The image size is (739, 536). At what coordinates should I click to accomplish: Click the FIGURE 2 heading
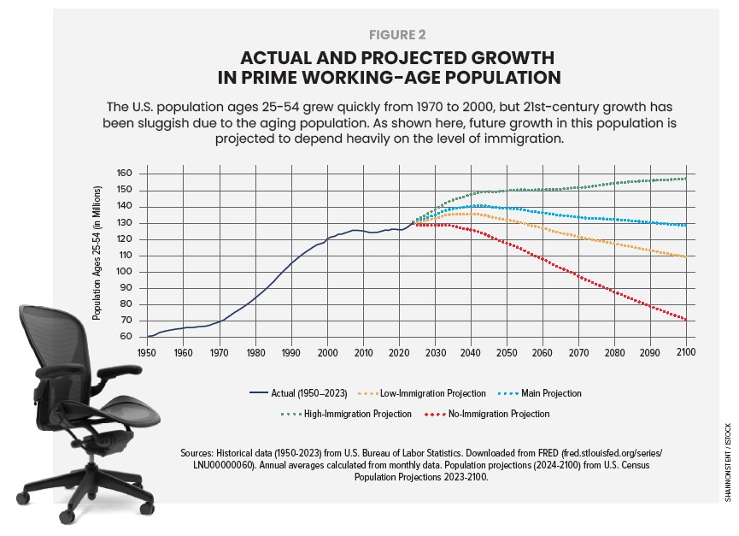coord(397,35)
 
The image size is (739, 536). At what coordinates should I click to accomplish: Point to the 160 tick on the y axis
coord(125,174)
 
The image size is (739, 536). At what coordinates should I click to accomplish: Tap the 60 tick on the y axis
coord(127,337)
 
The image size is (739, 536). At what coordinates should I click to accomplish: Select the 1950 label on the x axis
coord(146,352)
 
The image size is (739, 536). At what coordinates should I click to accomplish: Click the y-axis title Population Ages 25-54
coord(97,255)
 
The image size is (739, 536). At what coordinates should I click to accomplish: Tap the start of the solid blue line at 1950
coord(147,336)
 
